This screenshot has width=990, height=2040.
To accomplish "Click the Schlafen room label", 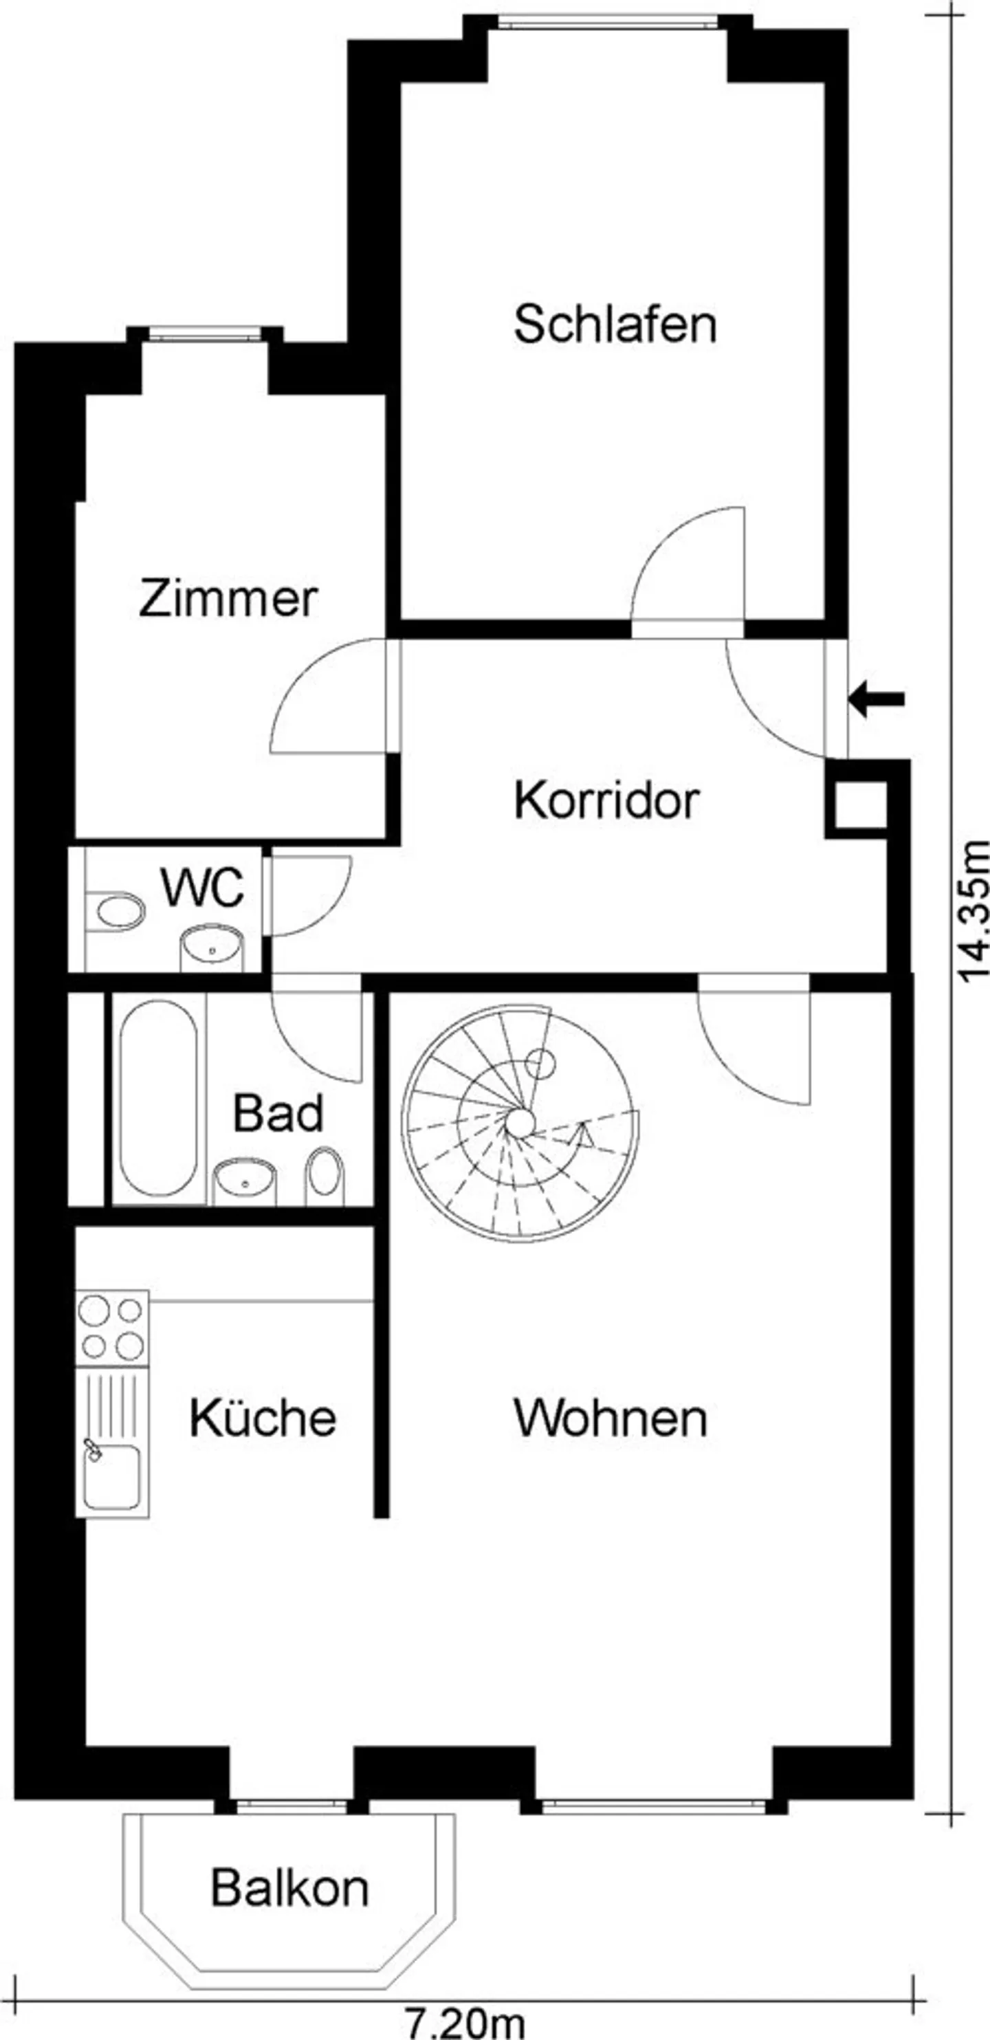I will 615,324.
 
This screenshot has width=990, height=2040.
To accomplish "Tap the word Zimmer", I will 228,599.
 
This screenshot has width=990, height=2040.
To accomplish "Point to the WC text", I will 203,888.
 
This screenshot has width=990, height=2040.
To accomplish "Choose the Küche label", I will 263,1418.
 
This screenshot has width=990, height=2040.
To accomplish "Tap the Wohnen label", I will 610,1418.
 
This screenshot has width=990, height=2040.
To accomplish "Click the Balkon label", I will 290,1888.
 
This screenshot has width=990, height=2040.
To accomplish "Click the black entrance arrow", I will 876,699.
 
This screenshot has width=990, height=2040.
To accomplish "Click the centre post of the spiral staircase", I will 520,1122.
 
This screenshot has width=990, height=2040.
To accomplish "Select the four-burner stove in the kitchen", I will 111,1328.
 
